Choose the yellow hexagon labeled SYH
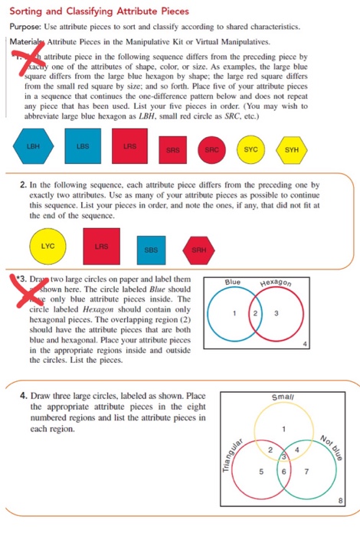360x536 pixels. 292,149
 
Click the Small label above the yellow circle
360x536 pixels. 281,397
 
